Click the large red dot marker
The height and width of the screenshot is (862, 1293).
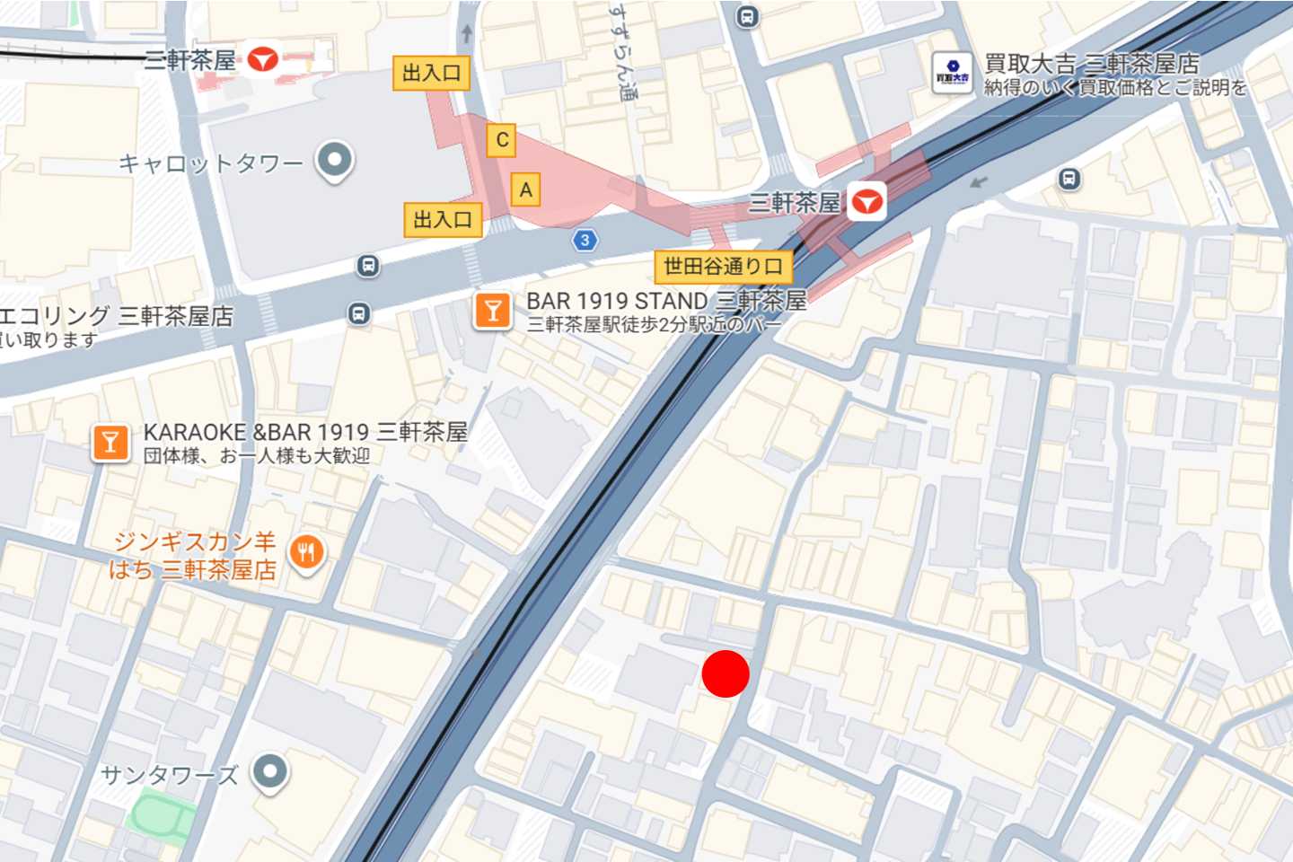(726, 674)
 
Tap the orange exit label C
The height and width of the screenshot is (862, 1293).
(502, 140)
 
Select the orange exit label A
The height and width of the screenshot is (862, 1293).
(526, 189)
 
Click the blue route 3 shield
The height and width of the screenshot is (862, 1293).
(585, 240)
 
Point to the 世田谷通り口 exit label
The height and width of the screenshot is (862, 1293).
(723, 267)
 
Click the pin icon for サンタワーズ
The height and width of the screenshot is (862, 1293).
(270, 771)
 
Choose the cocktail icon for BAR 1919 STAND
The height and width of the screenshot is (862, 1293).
(492, 311)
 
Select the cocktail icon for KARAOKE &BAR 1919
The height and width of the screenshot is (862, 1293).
(110, 443)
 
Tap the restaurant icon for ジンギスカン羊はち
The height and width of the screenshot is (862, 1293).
(306, 552)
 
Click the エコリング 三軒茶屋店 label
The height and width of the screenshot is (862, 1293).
(115, 316)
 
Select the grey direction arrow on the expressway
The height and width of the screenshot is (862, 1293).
(980, 182)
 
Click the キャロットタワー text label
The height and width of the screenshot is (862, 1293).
(211, 163)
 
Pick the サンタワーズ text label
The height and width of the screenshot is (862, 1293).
(170, 775)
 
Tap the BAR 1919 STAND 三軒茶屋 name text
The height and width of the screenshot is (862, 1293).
(666, 301)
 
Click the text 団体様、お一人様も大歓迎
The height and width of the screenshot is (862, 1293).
(257, 456)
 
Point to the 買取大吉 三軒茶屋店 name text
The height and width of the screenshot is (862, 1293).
(1092, 64)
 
